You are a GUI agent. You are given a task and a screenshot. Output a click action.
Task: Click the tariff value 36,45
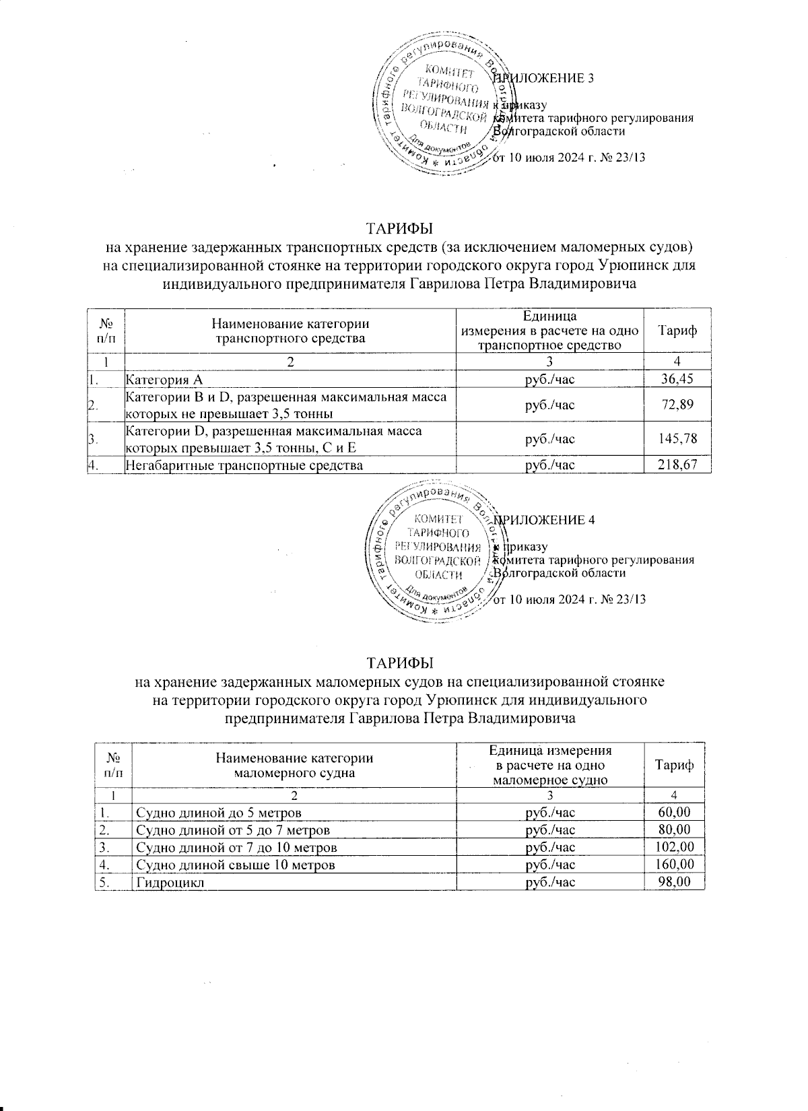point(677,379)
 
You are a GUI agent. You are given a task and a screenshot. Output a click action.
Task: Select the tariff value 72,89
point(677,405)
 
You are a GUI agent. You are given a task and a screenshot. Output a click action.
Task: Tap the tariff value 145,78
point(675,439)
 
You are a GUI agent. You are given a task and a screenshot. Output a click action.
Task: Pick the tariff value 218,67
point(675,465)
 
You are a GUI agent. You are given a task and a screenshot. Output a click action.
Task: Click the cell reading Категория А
point(165,379)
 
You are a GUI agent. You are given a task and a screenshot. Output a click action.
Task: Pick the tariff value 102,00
point(675,847)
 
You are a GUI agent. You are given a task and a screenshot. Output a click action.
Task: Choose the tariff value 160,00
point(675,865)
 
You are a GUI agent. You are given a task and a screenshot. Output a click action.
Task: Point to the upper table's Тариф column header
point(677,331)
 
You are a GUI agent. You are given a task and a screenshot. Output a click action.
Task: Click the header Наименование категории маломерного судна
point(294,765)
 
